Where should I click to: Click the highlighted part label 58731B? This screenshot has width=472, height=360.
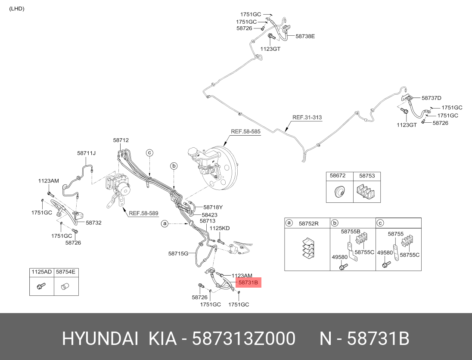point(248,282)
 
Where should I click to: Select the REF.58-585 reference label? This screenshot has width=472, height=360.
point(245,132)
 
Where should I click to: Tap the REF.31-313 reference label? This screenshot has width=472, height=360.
point(307,117)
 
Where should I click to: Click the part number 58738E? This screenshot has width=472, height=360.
point(305,37)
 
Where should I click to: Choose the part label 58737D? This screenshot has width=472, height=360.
point(432,98)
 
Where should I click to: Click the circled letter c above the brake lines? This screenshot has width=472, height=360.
point(149,152)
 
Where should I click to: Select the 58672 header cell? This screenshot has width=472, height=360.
point(338,176)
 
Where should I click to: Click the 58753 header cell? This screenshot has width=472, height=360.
point(367,176)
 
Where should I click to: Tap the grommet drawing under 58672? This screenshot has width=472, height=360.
point(339,191)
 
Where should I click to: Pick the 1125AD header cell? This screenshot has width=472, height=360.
point(41,272)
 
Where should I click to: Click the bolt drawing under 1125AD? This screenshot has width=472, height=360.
point(41,286)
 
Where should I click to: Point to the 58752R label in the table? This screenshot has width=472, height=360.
point(309,223)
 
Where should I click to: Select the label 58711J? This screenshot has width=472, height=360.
point(87,153)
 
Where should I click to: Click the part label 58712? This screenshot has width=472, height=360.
point(121,140)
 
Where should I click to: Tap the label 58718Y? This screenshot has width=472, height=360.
point(213,207)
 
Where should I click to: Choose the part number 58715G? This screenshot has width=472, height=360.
point(178,254)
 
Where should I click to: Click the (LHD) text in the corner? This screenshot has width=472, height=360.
point(17,9)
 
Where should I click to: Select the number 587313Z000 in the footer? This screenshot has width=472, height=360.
point(243,339)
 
